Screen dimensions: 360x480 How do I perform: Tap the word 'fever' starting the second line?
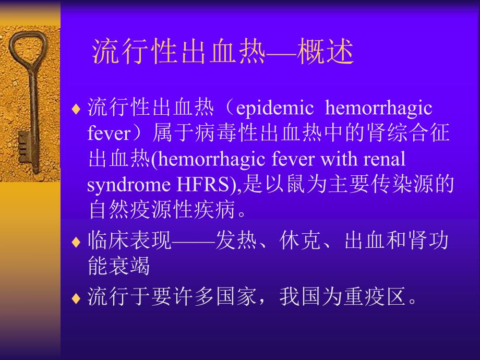(108, 134)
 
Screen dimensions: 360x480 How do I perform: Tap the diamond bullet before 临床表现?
(76, 242)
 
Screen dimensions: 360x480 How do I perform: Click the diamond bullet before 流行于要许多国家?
(76, 298)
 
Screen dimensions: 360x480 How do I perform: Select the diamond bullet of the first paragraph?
(76, 110)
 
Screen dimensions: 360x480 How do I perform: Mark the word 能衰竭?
(119, 266)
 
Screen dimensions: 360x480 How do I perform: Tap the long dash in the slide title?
(281, 52)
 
